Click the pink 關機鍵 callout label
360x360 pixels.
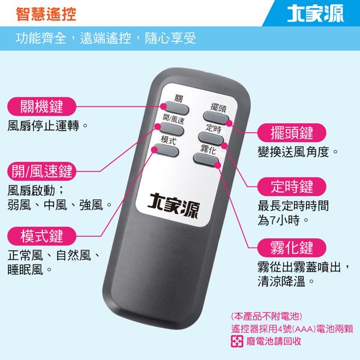[41, 107]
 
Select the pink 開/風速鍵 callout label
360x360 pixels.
[41, 171]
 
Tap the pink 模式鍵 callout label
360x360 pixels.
[41, 236]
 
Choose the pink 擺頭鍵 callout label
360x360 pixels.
[292, 133]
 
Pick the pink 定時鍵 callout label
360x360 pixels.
[292, 187]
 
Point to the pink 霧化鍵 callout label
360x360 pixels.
[292, 248]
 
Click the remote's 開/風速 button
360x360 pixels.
[172, 128]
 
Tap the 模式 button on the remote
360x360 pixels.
[166, 150]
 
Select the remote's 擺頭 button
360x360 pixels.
[216, 118]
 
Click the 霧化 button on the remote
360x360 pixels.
[206, 160]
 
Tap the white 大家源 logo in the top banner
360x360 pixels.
[316, 14]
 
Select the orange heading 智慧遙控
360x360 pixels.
[46, 14]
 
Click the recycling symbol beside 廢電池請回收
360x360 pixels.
[237, 341]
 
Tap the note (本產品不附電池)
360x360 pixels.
[266, 316]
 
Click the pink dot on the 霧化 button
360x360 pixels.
[218, 165]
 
